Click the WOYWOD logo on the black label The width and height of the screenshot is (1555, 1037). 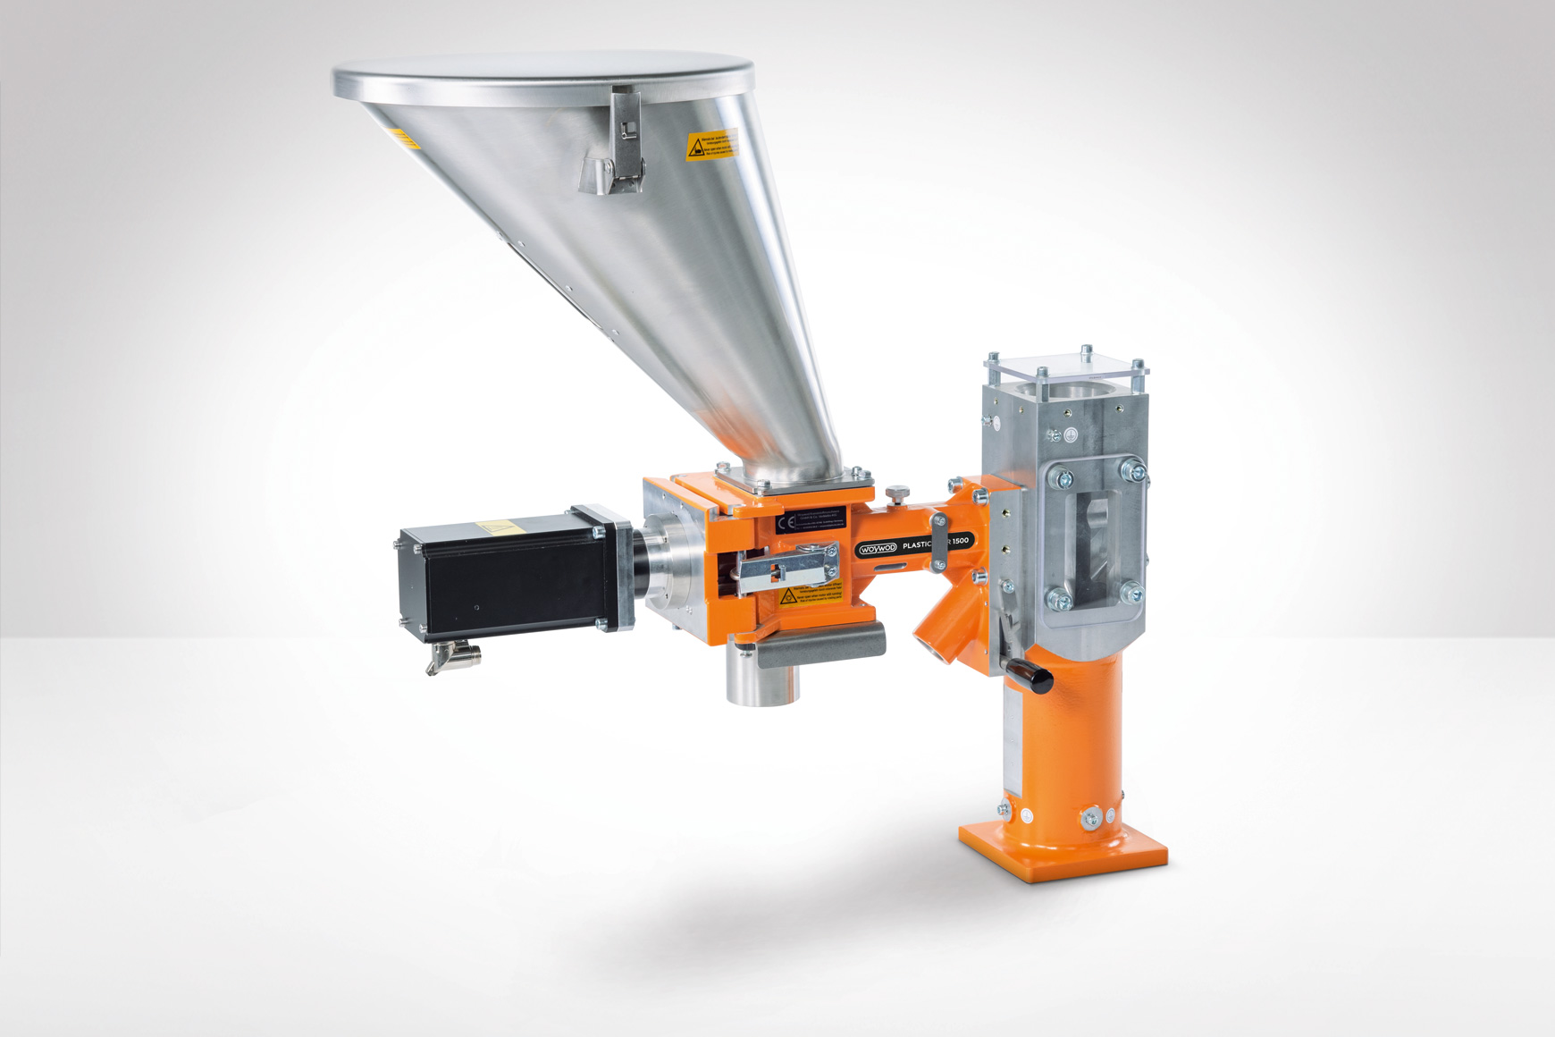pyautogui.click(x=877, y=549)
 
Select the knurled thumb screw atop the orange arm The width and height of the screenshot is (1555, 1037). pyautogui.click(x=894, y=492)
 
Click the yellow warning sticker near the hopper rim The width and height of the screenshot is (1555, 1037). pyautogui.click(x=711, y=146)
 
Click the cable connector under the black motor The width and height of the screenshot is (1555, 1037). pyautogui.click(x=454, y=660)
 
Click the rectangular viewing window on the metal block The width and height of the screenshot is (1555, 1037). pyautogui.click(x=1094, y=533)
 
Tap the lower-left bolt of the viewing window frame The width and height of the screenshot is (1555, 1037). pyautogui.click(x=1058, y=597)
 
